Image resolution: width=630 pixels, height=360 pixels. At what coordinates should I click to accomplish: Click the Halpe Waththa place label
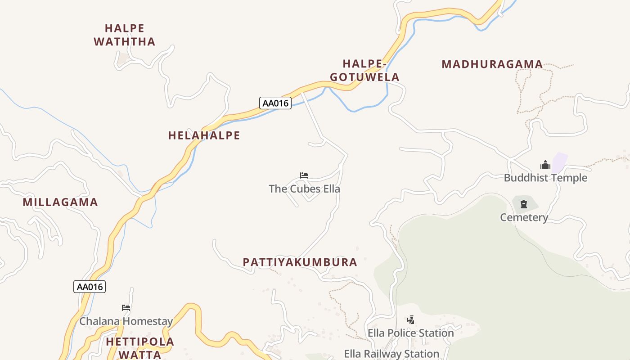point(124,35)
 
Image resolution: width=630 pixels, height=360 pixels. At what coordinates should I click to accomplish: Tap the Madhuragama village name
point(492,64)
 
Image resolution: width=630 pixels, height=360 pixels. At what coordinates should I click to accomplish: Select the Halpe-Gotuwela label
point(364,70)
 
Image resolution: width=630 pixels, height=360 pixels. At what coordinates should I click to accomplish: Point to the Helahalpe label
point(204,135)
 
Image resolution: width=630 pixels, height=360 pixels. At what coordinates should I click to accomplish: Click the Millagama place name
point(60,202)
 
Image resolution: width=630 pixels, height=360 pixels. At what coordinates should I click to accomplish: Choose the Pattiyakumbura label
point(300,262)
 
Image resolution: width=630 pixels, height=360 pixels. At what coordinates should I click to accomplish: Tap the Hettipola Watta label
point(139,348)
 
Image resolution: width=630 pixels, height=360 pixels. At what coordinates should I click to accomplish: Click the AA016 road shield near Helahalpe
point(275,103)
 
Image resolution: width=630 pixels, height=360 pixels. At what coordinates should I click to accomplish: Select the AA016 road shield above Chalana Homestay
point(90,287)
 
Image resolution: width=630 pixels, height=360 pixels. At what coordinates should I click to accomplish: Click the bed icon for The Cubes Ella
point(304,175)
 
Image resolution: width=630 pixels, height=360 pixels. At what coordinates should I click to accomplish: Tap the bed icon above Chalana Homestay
point(126,308)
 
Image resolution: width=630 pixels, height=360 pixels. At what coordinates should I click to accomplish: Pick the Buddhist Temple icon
point(545,165)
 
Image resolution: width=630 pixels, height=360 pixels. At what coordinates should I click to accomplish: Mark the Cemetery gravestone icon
point(524,204)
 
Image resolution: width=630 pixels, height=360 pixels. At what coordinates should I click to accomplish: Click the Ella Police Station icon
point(410,320)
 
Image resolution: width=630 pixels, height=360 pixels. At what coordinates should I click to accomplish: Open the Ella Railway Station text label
point(391,354)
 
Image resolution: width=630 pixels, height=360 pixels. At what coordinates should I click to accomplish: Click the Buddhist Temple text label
point(545,178)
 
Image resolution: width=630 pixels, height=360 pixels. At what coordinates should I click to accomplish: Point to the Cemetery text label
point(524,217)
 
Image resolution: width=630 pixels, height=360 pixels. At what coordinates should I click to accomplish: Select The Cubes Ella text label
point(304,189)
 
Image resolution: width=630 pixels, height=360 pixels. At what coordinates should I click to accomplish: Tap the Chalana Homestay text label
point(126,321)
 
